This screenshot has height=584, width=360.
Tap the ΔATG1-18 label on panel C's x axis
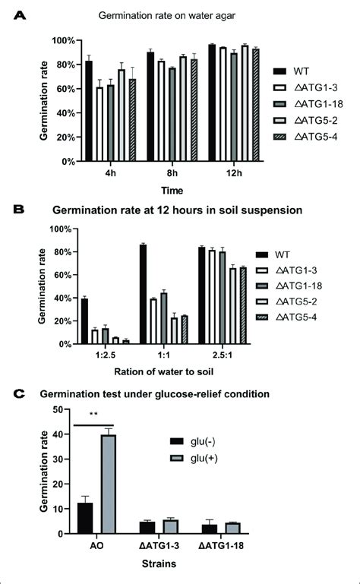219,545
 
